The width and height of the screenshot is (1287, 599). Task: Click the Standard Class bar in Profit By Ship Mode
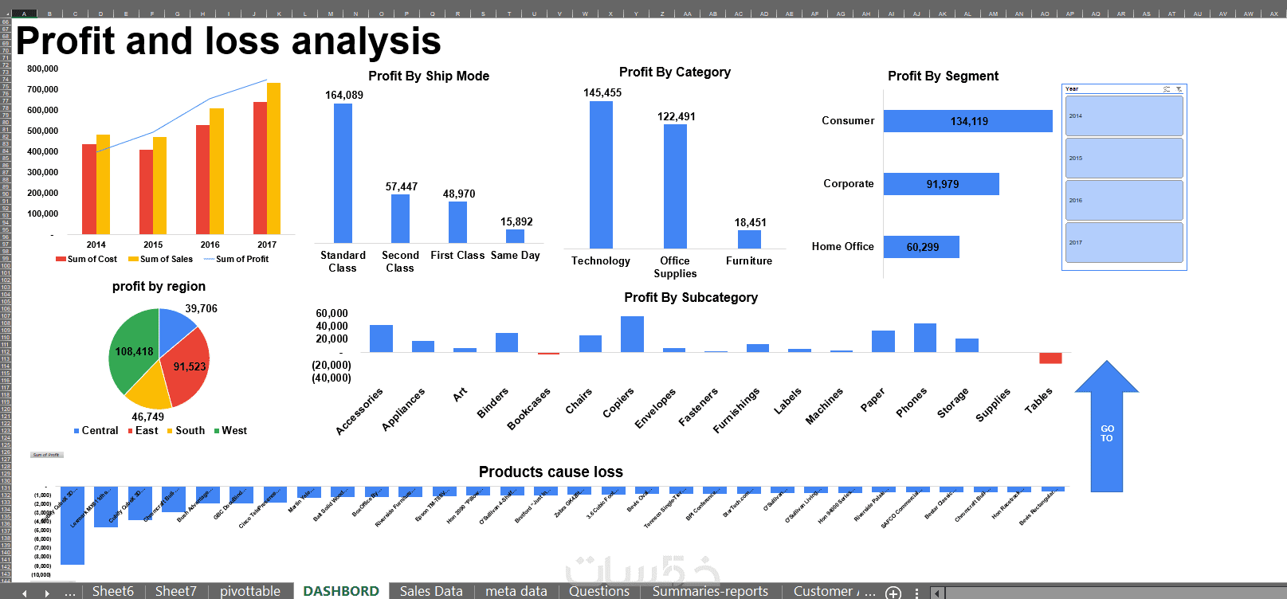click(343, 173)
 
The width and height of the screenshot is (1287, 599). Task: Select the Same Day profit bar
click(515, 236)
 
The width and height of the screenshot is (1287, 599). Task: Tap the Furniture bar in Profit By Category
click(749, 239)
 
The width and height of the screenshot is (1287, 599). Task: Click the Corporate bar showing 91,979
click(941, 184)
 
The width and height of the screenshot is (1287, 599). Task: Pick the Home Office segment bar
click(921, 247)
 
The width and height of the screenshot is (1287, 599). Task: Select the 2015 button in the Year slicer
click(1124, 159)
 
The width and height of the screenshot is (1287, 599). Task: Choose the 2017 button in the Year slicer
click(1124, 243)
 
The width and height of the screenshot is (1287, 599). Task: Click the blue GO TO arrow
click(1106, 430)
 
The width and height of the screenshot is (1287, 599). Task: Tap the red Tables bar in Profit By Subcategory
click(1050, 358)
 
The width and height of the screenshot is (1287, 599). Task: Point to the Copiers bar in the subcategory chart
click(632, 335)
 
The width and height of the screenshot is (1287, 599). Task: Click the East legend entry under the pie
click(143, 430)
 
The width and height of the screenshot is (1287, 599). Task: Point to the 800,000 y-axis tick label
click(43, 69)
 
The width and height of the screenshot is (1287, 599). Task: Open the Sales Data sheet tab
click(430, 591)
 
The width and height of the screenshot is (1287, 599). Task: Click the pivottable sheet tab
click(250, 591)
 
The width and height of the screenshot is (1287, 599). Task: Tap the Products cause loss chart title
click(551, 472)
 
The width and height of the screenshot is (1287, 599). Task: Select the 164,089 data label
click(343, 95)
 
